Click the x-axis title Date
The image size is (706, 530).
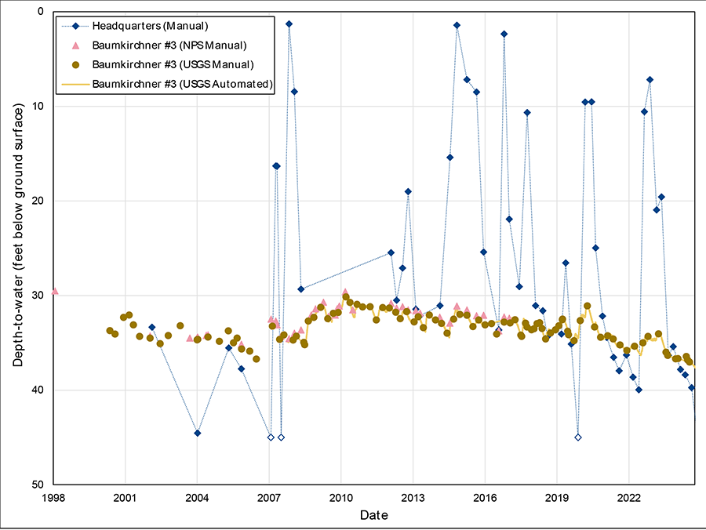coord(373,515)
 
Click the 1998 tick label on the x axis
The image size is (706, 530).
coord(53,497)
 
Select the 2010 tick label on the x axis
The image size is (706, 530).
coord(340,497)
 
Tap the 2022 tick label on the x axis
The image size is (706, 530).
coord(629,497)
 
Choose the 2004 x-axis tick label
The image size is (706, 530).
coord(197,497)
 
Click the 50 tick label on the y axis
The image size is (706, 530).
coord(38,485)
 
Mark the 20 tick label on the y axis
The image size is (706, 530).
coord(38,201)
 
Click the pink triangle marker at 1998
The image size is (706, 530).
coord(54,291)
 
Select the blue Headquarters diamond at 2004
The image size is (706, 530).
coord(198,433)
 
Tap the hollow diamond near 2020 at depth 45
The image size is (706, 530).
coord(578,437)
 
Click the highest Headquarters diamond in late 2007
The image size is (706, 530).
coord(289,24)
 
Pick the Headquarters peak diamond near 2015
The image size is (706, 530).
coord(457,25)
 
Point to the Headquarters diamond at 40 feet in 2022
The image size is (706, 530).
coord(639,390)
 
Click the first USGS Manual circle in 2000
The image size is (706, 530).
coord(110,331)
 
